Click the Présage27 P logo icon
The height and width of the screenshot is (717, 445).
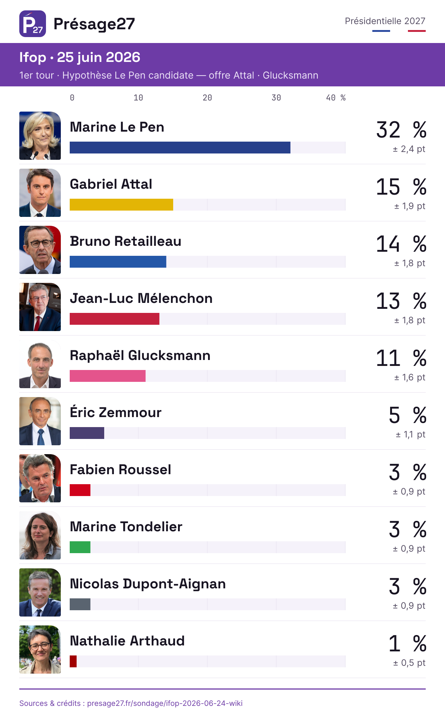pyautogui.click(x=33, y=24)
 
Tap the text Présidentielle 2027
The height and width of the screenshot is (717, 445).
pyautogui.click(x=385, y=21)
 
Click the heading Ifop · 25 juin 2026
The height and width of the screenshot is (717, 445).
pyautogui.click(x=80, y=57)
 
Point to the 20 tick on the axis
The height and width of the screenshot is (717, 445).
pyautogui.click(x=207, y=98)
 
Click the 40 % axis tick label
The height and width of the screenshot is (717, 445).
pyautogui.click(x=336, y=98)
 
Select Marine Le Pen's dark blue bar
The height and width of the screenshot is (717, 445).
pyautogui.click(x=180, y=148)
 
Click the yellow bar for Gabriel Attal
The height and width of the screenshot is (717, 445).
pyautogui.click(x=121, y=205)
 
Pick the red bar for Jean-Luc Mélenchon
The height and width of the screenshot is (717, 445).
pyautogui.click(x=115, y=319)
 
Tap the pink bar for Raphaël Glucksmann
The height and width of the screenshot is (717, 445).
pyautogui.click(x=108, y=376)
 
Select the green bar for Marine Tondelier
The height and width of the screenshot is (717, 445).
pyautogui.click(x=80, y=547)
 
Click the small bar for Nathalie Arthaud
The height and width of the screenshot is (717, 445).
pyautogui.click(x=73, y=661)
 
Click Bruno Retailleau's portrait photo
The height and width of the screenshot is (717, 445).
pyautogui.click(x=40, y=250)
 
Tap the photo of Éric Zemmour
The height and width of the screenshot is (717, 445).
pyautogui.click(x=40, y=421)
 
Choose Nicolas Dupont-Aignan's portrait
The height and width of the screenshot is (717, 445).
pyautogui.click(x=40, y=592)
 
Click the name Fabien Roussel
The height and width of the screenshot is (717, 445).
pyautogui.click(x=121, y=470)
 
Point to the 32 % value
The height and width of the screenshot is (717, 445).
pyautogui.click(x=401, y=130)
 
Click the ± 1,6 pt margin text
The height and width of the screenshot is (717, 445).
pyautogui.click(x=410, y=377)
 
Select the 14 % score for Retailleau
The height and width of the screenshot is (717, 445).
pyautogui.click(x=401, y=244)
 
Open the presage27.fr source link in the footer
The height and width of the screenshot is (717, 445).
pyautogui.click(x=165, y=703)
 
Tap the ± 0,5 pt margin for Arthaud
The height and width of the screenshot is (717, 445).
pyautogui.click(x=409, y=663)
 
